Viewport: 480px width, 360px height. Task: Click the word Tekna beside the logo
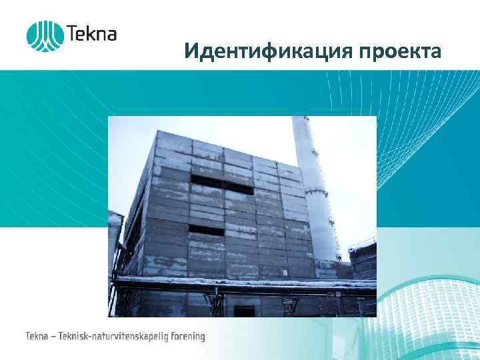tap(91, 33)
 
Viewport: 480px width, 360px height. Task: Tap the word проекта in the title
tap(400, 52)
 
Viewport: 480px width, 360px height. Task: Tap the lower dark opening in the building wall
tap(213, 230)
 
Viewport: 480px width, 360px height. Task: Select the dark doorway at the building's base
tap(245, 310)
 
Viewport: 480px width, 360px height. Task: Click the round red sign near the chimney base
tap(338, 293)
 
